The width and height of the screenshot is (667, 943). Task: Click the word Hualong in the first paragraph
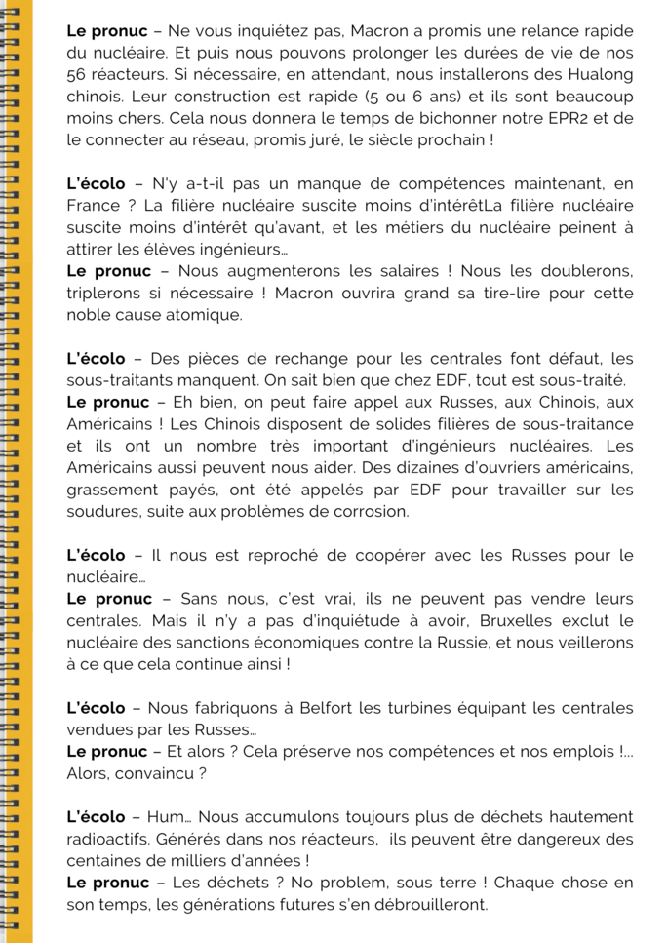[595, 75]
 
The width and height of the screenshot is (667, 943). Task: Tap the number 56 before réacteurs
[77, 75]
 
